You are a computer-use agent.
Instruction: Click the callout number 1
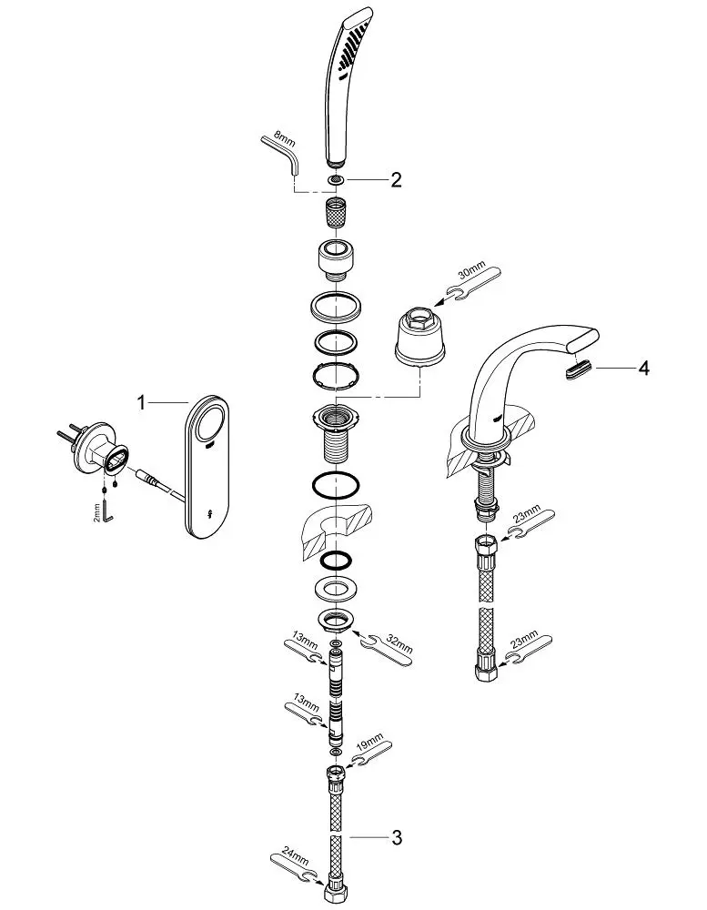click(x=142, y=401)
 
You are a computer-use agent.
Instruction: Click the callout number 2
click(x=396, y=180)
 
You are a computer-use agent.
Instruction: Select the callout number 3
click(x=397, y=837)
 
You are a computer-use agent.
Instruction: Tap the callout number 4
click(x=643, y=368)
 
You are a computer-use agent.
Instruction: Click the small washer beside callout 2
click(x=335, y=180)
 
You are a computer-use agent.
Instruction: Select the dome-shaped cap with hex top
click(x=420, y=339)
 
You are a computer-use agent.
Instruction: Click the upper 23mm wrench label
click(x=527, y=518)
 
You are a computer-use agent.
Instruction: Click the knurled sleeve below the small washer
click(x=335, y=211)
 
